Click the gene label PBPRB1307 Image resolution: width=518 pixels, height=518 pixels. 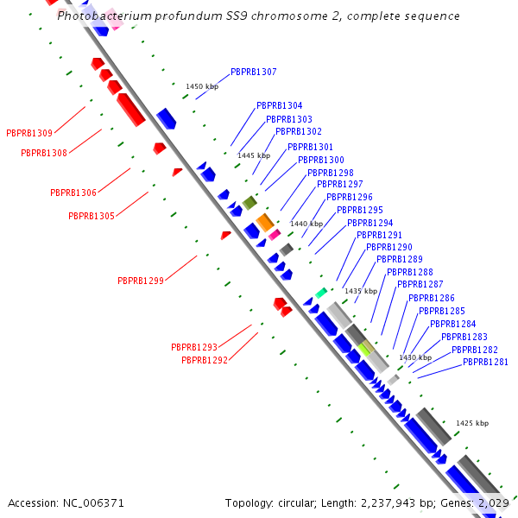tap(253, 72)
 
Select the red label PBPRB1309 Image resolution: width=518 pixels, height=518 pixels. tap(29, 133)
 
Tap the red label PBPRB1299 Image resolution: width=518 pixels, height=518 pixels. tap(141, 281)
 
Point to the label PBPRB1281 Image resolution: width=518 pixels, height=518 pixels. tap(485, 362)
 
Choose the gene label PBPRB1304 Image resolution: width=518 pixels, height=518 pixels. tap(279, 105)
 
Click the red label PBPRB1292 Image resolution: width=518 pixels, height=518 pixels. tap(205, 360)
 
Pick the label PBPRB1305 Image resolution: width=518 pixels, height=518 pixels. tap(92, 216)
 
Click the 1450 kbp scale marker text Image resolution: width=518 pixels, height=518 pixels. tap(202, 86)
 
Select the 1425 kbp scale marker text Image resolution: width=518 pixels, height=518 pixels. tap(472, 423)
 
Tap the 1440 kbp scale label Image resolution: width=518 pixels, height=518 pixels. tap(306, 224)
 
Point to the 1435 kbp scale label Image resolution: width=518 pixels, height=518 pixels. tap(361, 291)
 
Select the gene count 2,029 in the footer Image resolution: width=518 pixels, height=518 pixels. tap(492, 502)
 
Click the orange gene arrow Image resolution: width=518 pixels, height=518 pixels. tap(265, 222)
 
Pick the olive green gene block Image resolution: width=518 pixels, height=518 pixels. tap(250, 203)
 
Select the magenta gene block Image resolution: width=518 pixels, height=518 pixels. tap(275, 234)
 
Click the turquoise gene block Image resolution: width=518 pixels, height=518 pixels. tap(321, 293)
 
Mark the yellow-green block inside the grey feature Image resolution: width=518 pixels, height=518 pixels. tap(365, 348)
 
